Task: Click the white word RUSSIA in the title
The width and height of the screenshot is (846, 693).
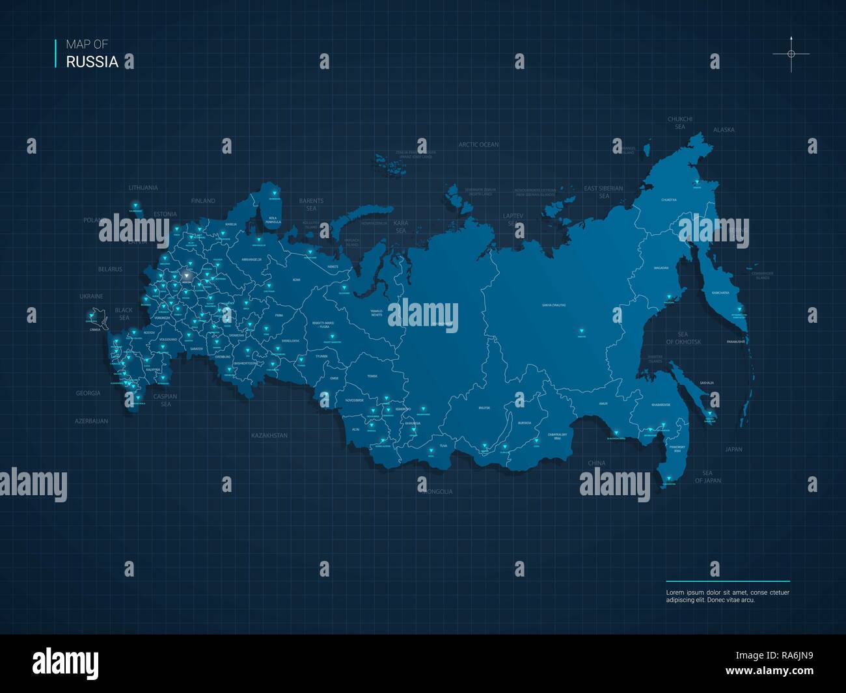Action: click(x=92, y=62)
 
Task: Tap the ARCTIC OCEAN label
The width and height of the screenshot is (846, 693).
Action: click(x=478, y=144)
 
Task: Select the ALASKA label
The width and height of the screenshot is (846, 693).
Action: click(x=724, y=130)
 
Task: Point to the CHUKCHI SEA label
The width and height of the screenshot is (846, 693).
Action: click(x=680, y=123)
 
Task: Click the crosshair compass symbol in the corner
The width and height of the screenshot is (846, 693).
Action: click(x=791, y=54)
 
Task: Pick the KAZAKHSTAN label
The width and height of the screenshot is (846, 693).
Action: click(x=269, y=435)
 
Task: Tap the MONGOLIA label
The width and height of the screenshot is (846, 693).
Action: click(x=437, y=491)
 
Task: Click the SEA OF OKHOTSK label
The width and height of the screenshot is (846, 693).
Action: click(x=683, y=338)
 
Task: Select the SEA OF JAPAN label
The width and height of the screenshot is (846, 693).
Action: click(x=707, y=477)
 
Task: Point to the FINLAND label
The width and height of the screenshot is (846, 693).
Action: click(x=203, y=201)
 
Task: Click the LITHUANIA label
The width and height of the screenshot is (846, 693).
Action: click(x=143, y=188)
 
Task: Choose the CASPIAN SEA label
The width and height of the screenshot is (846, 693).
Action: click(x=165, y=400)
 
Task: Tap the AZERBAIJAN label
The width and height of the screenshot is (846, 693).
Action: click(x=91, y=421)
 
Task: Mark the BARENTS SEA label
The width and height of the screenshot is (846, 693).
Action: click(x=311, y=204)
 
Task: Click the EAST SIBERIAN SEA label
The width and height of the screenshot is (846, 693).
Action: click(x=603, y=192)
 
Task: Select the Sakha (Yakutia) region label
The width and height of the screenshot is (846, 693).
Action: click(x=554, y=305)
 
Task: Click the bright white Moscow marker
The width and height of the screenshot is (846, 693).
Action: click(x=187, y=276)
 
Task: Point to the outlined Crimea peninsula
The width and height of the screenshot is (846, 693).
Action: click(x=97, y=316)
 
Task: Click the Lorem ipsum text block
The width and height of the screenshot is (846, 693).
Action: click(x=727, y=596)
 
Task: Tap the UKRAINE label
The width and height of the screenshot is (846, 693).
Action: click(x=91, y=296)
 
